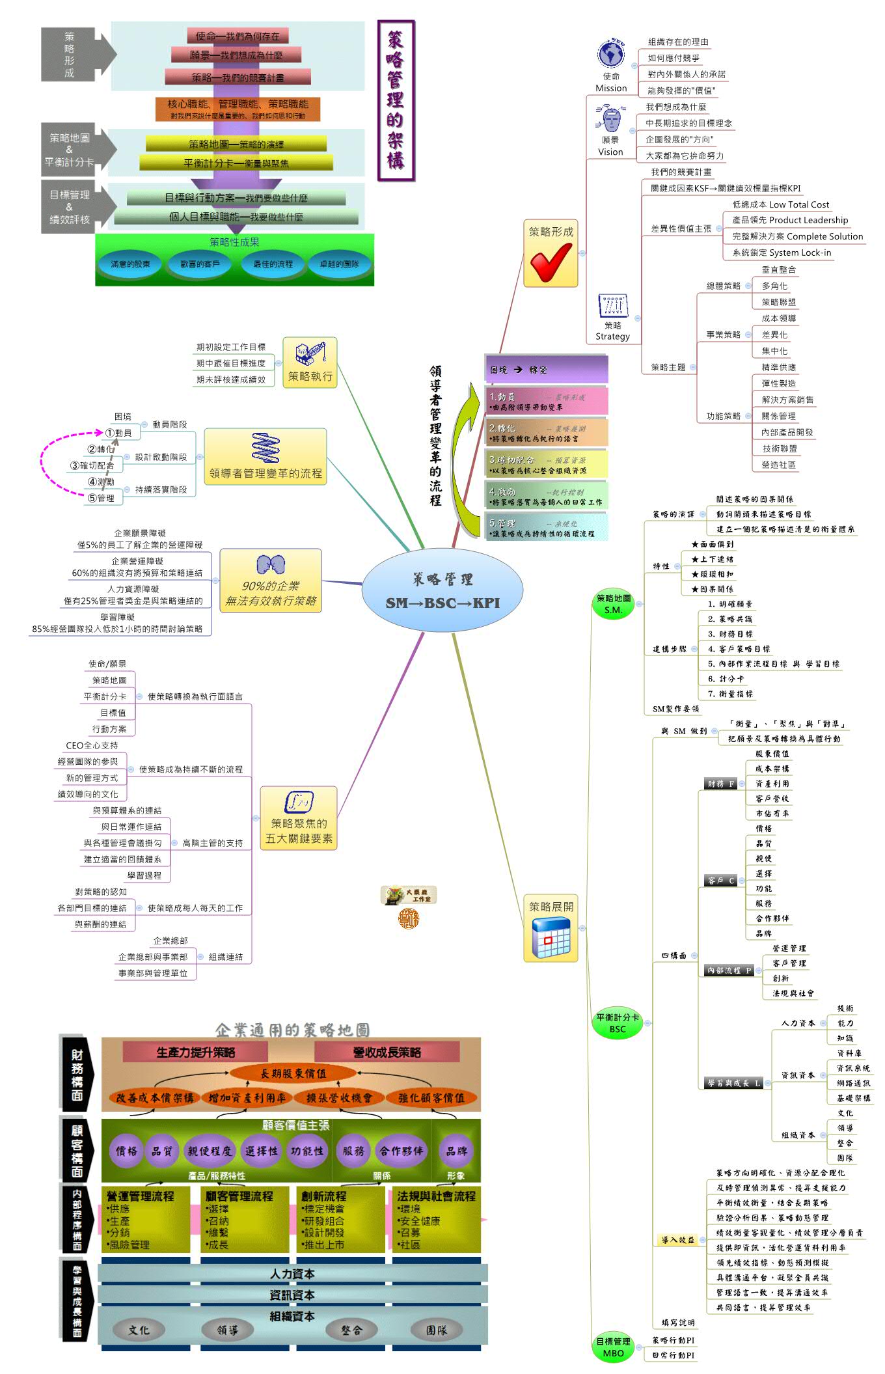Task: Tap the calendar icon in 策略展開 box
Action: pos(551,937)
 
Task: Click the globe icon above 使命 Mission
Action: pos(610,54)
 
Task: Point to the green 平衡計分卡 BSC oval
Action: pos(617,1023)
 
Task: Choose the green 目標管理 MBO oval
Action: pos(612,1347)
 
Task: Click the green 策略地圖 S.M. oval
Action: pos(613,604)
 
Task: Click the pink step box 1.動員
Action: pos(546,401)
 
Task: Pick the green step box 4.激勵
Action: pos(546,496)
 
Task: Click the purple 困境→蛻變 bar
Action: pos(546,369)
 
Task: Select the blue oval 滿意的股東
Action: pos(130,264)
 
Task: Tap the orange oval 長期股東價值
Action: pos(293,1073)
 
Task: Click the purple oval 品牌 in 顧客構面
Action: pos(456,1151)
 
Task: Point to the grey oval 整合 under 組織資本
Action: pos(351,1330)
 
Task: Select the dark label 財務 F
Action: pos(721,784)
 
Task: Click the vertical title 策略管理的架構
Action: pos(396,100)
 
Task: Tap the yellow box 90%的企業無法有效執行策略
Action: pos(270,581)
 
